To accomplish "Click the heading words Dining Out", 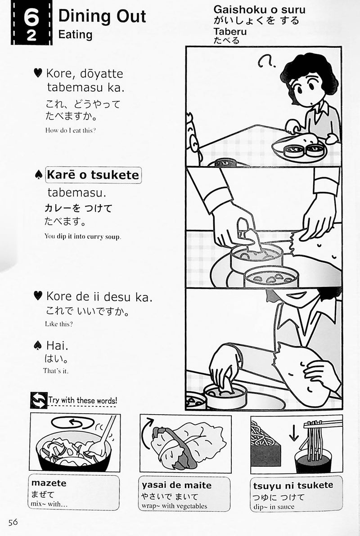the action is (x=102, y=16).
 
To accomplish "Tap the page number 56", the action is (x=13, y=522).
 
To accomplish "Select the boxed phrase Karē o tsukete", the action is (x=93, y=175).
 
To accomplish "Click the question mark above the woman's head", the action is (x=266, y=62).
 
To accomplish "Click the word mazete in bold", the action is (x=49, y=483).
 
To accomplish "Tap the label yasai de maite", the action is (x=176, y=485).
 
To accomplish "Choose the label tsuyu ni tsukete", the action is (x=293, y=485).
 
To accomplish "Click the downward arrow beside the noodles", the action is (x=293, y=433).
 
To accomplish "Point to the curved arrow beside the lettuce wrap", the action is (x=147, y=433).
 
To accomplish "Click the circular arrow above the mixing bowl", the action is (x=73, y=423).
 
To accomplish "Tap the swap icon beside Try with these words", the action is (x=39, y=400).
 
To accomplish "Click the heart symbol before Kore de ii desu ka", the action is (x=38, y=295).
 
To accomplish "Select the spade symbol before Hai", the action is (x=38, y=346).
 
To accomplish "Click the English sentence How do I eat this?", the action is (x=70, y=130).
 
